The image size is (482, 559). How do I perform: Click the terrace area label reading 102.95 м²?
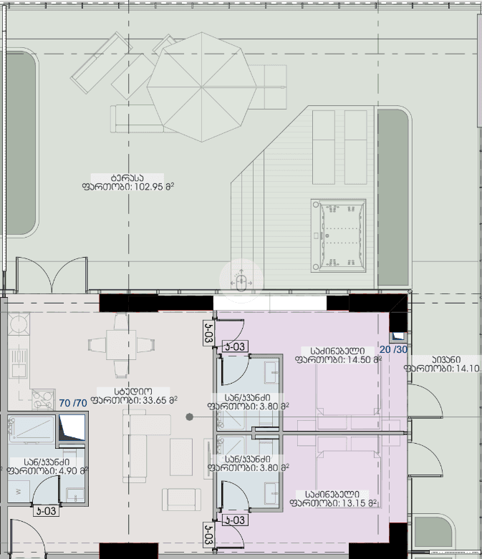[x=129, y=183]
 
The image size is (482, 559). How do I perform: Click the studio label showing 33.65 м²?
[x=134, y=396]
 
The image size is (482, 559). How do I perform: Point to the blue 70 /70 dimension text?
[x=72, y=403]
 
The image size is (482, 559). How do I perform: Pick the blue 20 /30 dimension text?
[x=392, y=350]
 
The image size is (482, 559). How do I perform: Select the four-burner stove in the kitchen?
[x=42, y=397]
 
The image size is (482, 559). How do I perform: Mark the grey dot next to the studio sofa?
[x=189, y=417]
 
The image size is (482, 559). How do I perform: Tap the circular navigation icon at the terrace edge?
[x=241, y=280]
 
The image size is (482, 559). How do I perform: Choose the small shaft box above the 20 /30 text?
[x=397, y=336]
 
